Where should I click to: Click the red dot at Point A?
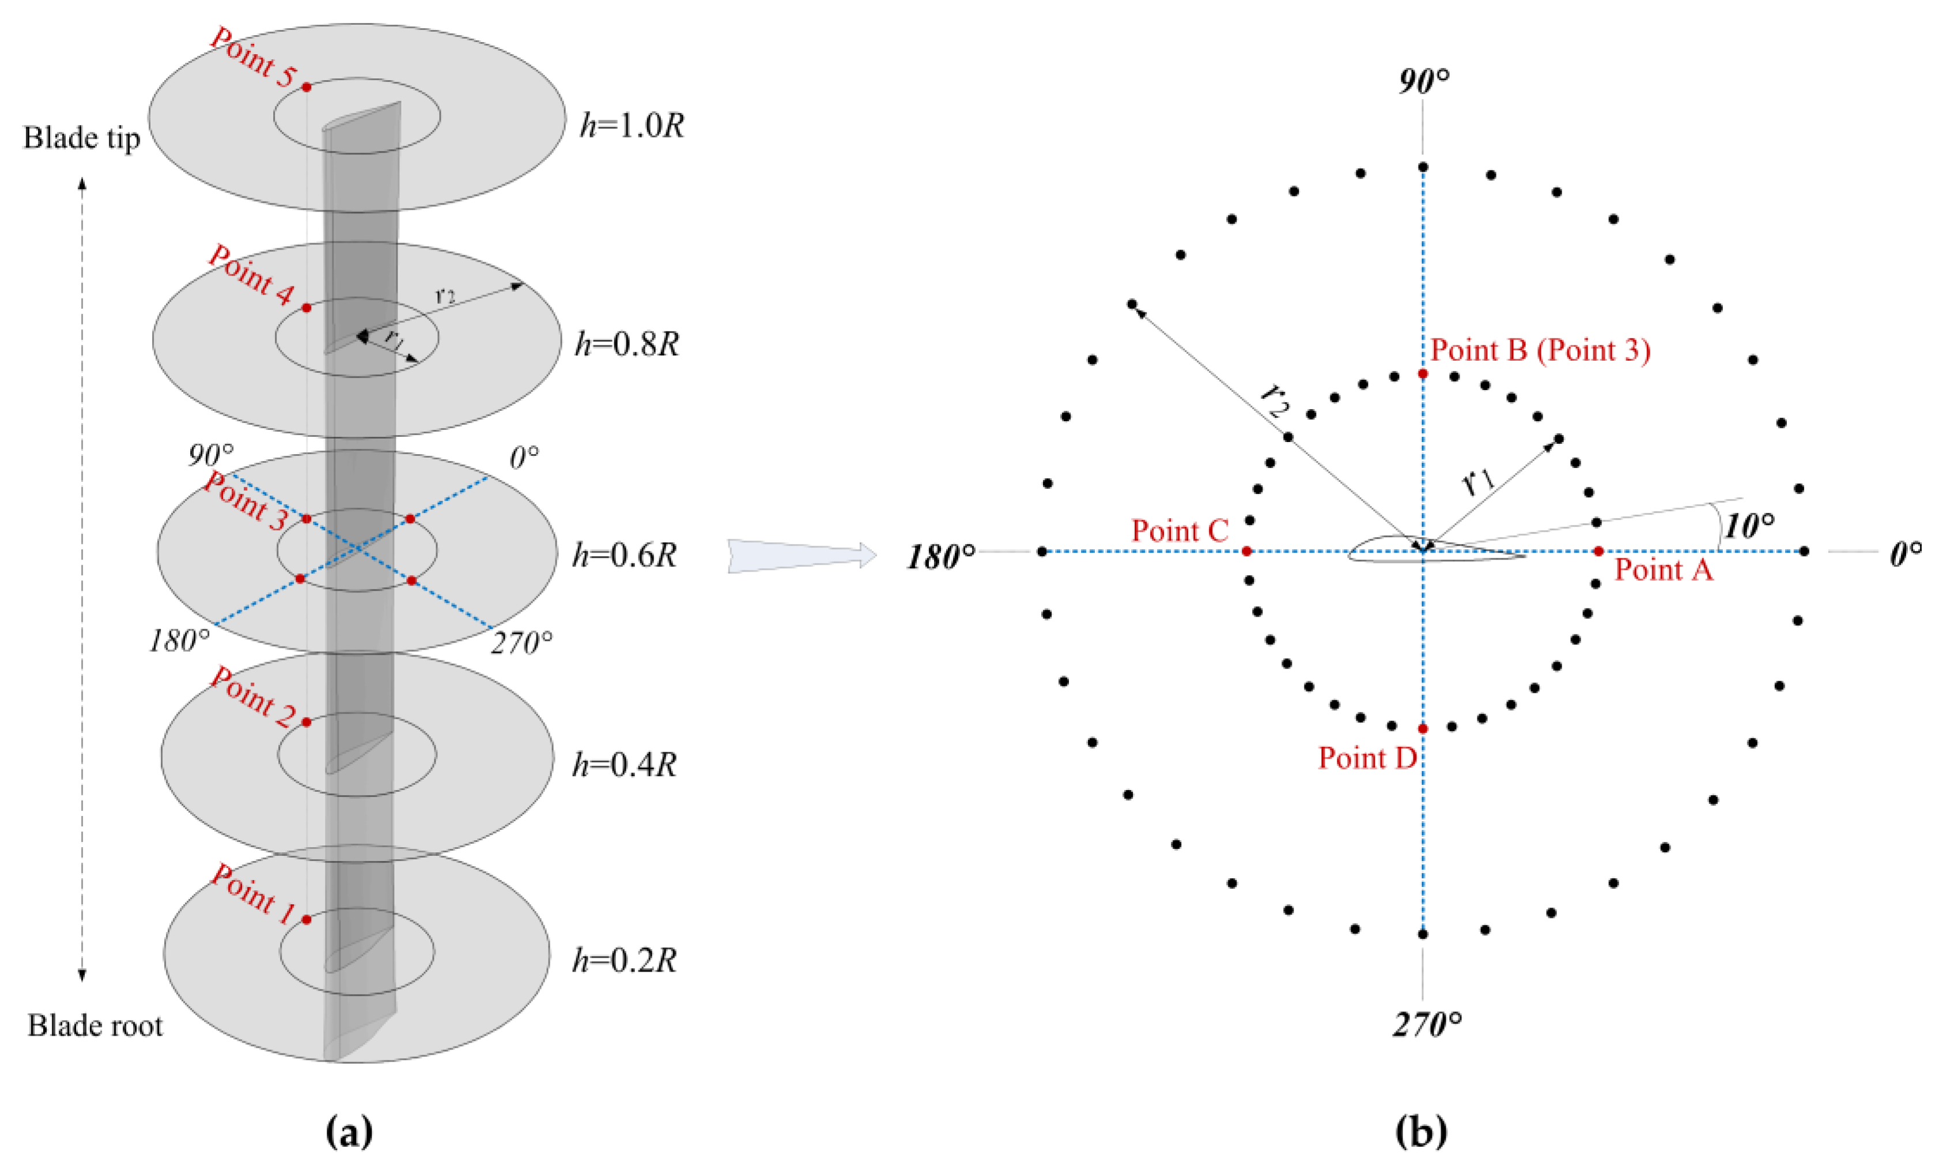pos(1598,552)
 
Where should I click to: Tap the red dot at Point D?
pos(1422,729)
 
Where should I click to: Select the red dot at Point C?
pos(1246,552)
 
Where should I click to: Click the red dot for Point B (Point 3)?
pos(1422,373)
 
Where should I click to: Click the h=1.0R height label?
pos(632,126)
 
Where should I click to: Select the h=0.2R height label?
pos(624,960)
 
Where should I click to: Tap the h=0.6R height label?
pos(624,555)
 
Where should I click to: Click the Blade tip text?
pos(82,138)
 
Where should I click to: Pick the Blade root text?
pos(95,1025)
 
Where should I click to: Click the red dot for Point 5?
pos(307,87)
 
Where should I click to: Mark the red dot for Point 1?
pos(307,919)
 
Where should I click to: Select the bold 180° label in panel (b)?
pos(941,557)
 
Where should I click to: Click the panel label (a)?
pos(348,1132)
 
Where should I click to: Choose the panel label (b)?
pos(1421,1132)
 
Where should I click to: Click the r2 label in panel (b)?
pos(1275,399)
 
